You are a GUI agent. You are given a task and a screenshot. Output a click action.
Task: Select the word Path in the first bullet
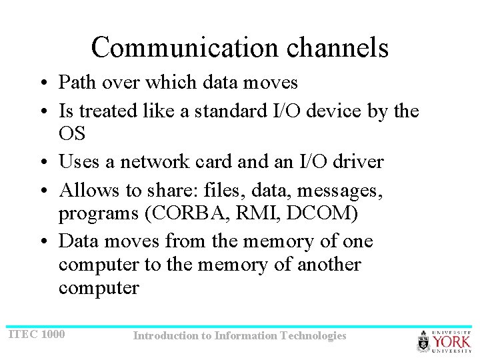coord(76,83)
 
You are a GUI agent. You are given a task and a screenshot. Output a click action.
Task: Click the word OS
coord(72,133)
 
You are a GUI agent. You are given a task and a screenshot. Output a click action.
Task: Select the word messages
coord(340,191)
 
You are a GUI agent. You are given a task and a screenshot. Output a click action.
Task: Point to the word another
coord(329,265)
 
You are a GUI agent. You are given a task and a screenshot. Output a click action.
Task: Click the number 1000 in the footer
coord(53,333)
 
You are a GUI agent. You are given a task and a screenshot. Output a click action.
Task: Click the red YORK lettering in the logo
coord(451,341)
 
